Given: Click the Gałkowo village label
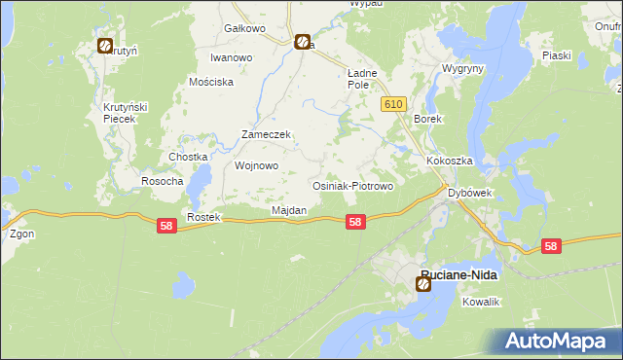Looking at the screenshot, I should pos(244,28).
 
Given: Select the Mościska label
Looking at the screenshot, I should pos(214,83).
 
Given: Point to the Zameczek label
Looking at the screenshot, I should pos(267,134).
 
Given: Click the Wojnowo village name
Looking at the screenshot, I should pos(257,165).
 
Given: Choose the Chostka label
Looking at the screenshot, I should pos(189,157).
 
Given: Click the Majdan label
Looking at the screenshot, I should pos(288,210).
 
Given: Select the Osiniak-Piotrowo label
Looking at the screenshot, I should pos(351,185).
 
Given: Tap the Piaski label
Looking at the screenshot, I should pos(556,55).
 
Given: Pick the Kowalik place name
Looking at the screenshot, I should pos(481,303).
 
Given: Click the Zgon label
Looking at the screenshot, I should pos(21,234).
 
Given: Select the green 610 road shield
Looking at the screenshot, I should pos(393,104).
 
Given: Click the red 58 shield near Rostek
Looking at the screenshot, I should pos(166,225).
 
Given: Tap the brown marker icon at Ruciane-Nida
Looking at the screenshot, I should pos(423,284).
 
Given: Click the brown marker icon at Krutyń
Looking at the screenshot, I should pos(104,45).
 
